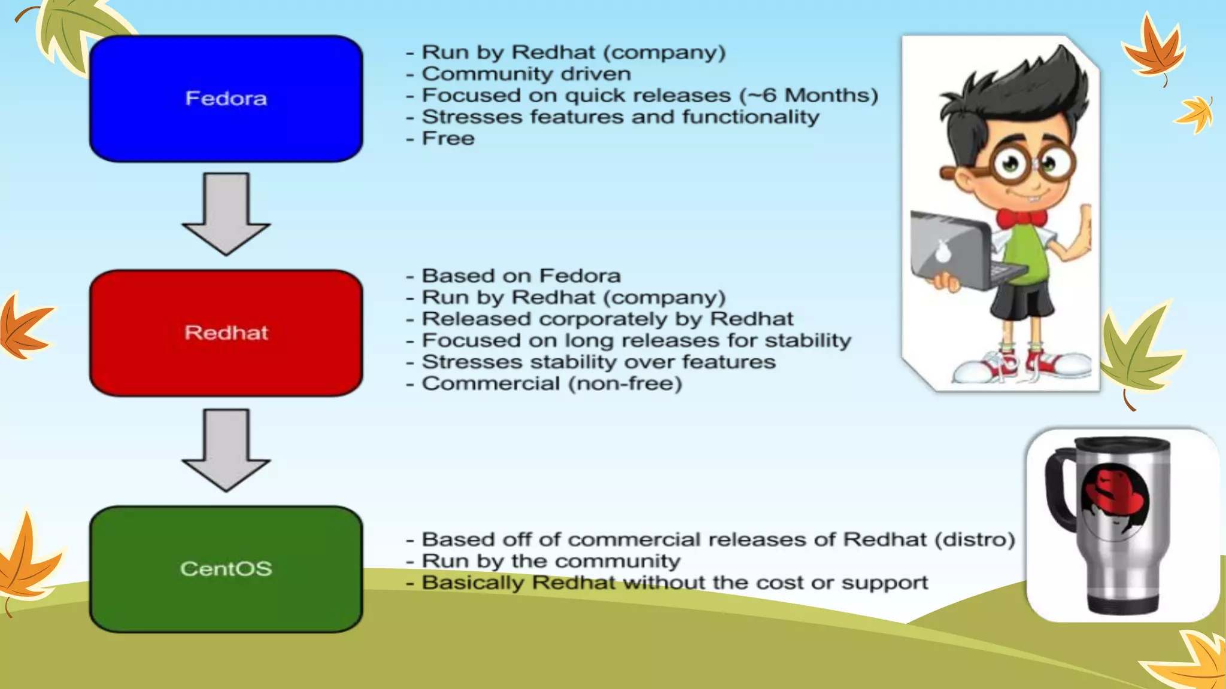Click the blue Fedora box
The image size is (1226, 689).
[226, 99]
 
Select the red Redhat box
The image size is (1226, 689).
[226, 333]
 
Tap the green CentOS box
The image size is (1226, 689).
[226, 569]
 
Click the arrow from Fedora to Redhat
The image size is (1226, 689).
[226, 214]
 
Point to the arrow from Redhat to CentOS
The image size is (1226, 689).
[226, 450]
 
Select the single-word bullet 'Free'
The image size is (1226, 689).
[448, 139]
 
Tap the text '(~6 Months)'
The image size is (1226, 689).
[808, 96]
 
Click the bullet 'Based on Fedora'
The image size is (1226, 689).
[521, 276]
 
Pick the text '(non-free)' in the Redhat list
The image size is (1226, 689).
[625, 384]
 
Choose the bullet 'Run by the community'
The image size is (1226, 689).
[551, 562]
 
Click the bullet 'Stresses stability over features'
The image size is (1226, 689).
[599, 362]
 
